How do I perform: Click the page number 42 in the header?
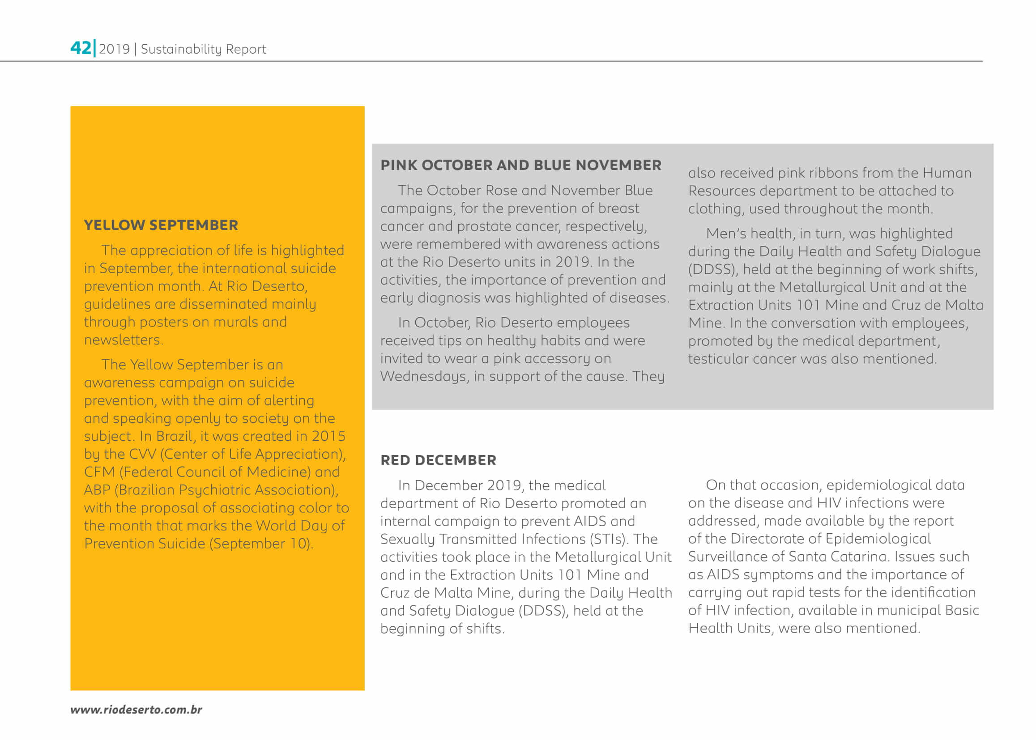(x=80, y=48)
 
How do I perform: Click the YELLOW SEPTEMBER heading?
(x=161, y=225)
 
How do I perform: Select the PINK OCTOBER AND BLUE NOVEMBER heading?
(x=520, y=165)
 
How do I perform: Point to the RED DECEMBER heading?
(x=438, y=460)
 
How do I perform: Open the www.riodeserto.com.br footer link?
(x=136, y=710)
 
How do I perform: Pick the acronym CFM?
(x=99, y=472)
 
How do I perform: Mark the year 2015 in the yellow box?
(x=328, y=436)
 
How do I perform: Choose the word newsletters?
(x=123, y=340)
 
